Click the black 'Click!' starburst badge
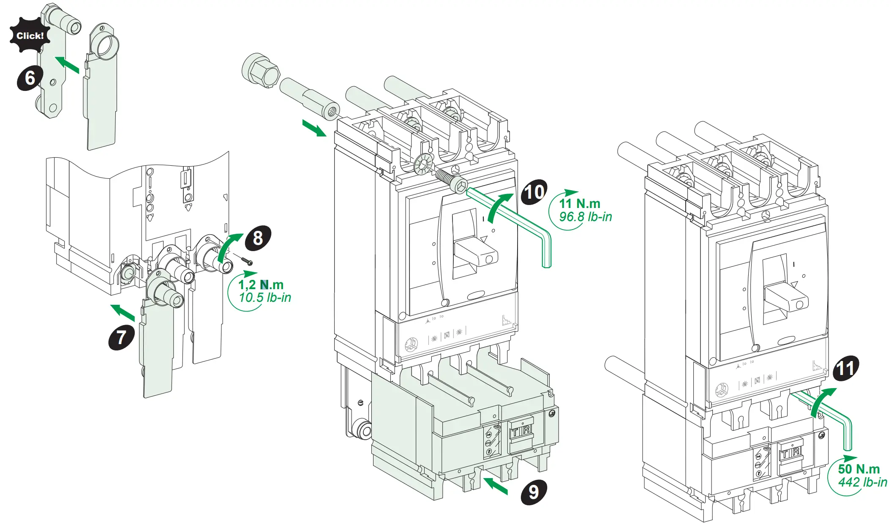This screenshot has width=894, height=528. pyautogui.click(x=30, y=36)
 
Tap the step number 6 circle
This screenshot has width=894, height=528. pyautogui.click(x=30, y=78)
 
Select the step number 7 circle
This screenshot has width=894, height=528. pyautogui.click(x=122, y=337)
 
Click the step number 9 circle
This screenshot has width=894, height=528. pyautogui.click(x=534, y=492)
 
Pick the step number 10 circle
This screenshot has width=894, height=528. pyautogui.click(x=534, y=192)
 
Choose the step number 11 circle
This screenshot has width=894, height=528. pyautogui.click(x=846, y=368)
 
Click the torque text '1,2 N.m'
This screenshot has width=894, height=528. pyautogui.click(x=261, y=285)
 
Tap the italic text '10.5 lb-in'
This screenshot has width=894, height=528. pyautogui.click(x=265, y=298)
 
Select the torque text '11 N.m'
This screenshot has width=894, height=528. pyautogui.click(x=580, y=203)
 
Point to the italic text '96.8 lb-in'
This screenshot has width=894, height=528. pyautogui.click(x=586, y=217)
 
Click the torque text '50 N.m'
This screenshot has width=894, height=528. pyautogui.click(x=859, y=469)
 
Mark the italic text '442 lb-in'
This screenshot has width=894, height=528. pyautogui.click(x=862, y=482)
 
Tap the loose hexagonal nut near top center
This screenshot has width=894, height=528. pyautogui.click(x=261, y=70)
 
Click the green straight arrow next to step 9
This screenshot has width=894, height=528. pyautogui.click(x=495, y=486)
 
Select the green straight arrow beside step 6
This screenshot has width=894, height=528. pyautogui.click(x=68, y=65)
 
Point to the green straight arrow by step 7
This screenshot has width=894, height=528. pyautogui.click(x=123, y=312)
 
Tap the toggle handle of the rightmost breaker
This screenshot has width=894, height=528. pyautogui.click(x=786, y=296)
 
